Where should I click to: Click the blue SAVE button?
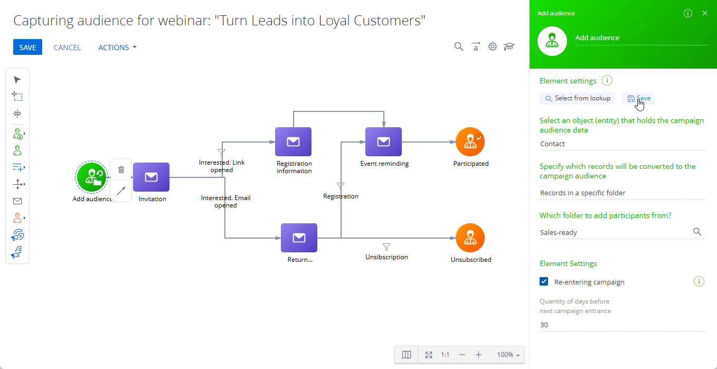tap(27, 47)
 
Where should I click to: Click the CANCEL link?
tap(67, 48)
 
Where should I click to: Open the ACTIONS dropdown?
tap(117, 48)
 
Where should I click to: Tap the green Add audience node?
tap(91, 177)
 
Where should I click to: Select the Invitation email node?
tap(151, 177)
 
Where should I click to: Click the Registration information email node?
tap(293, 142)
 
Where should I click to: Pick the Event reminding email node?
tap(383, 142)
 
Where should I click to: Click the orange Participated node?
tap(470, 142)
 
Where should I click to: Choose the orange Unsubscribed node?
tap(470, 238)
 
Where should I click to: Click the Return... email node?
tap(299, 238)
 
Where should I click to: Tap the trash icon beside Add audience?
tap(121, 169)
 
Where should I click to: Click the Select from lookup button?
tap(578, 98)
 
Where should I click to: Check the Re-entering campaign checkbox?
tap(544, 281)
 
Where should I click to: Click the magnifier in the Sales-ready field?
tap(697, 232)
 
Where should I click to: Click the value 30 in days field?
tap(544, 325)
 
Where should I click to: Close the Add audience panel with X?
tap(705, 13)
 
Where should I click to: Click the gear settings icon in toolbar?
tap(492, 47)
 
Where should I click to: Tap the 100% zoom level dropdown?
tap(508, 355)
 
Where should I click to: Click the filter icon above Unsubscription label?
tap(386, 247)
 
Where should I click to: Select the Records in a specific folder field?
tap(622, 193)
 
